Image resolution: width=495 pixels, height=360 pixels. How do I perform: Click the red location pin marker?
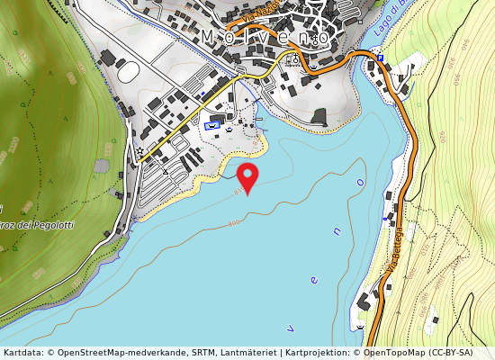pyautogui.click(x=247, y=176)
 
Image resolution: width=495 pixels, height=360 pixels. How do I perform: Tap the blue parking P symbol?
pyautogui.click(x=381, y=58)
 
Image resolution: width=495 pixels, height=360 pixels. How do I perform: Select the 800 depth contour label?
pyautogui.click(x=235, y=222)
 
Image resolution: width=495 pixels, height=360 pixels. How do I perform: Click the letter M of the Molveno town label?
pyautogui.click(x=208, y=37)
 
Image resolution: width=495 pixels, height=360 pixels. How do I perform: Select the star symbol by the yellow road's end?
pyautogui.click(x=139, y=150)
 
